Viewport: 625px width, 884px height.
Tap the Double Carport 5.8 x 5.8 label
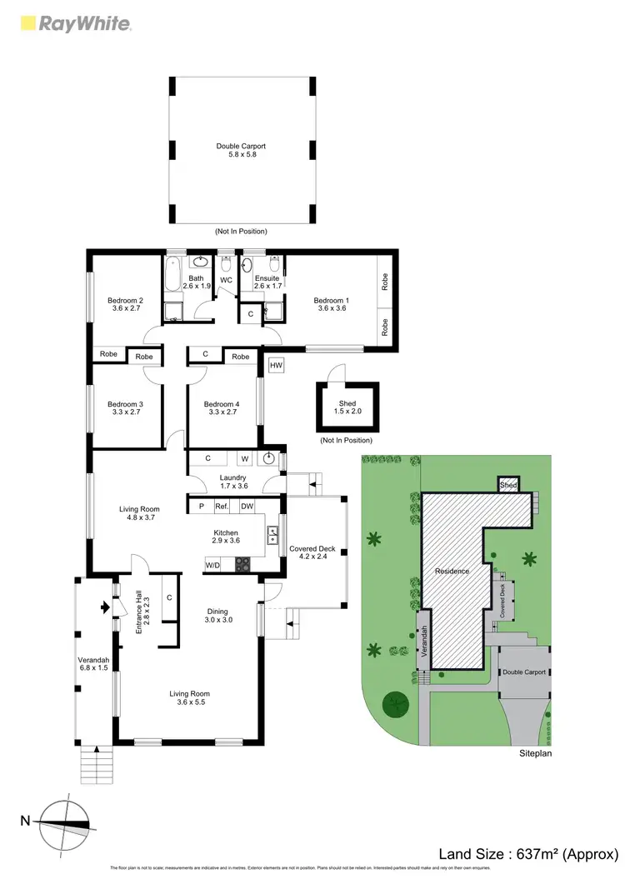(x=241, y=151)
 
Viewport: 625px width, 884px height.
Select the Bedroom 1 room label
(x=331, y=304)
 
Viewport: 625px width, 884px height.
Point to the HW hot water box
(x=275, y=365)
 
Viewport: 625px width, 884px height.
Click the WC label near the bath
(x=226, y=280)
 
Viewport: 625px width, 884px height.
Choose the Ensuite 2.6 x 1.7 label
(x=267, y=282)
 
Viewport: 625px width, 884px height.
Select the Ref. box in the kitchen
(x=222, y=506)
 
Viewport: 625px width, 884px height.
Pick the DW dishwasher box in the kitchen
(x=247, y=506)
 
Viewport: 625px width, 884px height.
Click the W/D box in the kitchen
(x=213, y=565)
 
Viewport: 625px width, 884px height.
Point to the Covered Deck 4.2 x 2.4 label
(x=312, y=553)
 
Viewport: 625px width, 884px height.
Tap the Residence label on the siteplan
(x=452, y=572)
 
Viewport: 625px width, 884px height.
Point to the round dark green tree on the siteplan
(x=394, y=705)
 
